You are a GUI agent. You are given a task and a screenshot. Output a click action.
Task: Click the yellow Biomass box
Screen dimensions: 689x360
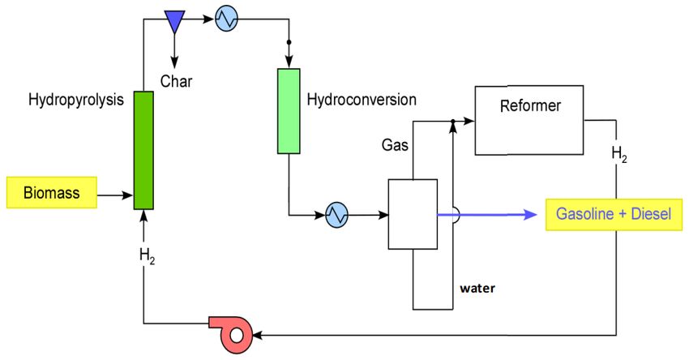51,192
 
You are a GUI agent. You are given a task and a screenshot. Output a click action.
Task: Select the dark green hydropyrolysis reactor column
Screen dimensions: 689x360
143,150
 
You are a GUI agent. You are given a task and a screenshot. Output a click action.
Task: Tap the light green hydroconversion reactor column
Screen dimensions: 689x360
289,111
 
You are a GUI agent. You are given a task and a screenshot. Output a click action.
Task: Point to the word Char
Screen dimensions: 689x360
176,81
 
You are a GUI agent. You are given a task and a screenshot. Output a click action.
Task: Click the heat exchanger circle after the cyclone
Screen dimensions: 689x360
227,19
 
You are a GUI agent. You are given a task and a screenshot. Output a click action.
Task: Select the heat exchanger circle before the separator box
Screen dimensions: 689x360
337,215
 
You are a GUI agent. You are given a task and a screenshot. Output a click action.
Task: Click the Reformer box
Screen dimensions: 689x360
529,120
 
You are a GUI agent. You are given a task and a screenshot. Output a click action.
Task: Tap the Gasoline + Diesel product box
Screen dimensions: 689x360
614,215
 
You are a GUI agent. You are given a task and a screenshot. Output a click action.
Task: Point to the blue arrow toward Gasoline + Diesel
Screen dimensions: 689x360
487,215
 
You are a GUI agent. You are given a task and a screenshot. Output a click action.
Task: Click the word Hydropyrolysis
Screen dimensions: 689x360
76,100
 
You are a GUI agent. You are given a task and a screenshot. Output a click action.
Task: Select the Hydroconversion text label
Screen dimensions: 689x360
362,100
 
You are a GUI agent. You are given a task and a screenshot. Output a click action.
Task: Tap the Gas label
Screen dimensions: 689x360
395,145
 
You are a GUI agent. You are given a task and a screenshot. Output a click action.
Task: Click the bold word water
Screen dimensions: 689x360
477,289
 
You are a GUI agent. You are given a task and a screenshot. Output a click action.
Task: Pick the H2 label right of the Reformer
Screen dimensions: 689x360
619,154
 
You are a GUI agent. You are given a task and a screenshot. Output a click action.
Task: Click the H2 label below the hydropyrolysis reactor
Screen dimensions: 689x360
148,256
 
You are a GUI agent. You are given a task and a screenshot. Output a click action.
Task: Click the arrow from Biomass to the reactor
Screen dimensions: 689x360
115,195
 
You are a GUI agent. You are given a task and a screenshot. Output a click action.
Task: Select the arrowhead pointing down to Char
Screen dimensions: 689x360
174,62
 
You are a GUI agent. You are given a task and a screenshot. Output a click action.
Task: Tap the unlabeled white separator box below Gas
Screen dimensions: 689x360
413,214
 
